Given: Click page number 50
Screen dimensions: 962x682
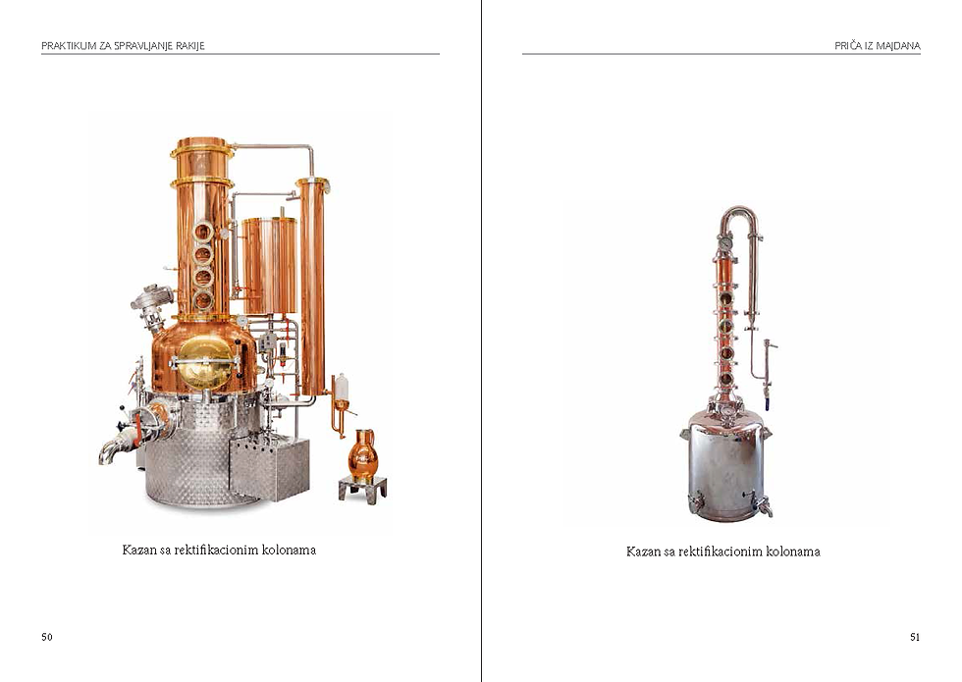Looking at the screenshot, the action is (x=47, y=637).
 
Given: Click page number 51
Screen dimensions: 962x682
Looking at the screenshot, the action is (x=915, y=637).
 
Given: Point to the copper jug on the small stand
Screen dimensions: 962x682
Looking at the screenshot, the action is (x=362, y=454).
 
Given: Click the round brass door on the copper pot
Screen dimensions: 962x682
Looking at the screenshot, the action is (x=205, y=363).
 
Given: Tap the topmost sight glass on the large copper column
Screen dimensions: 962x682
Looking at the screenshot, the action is (x=202, y=232).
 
